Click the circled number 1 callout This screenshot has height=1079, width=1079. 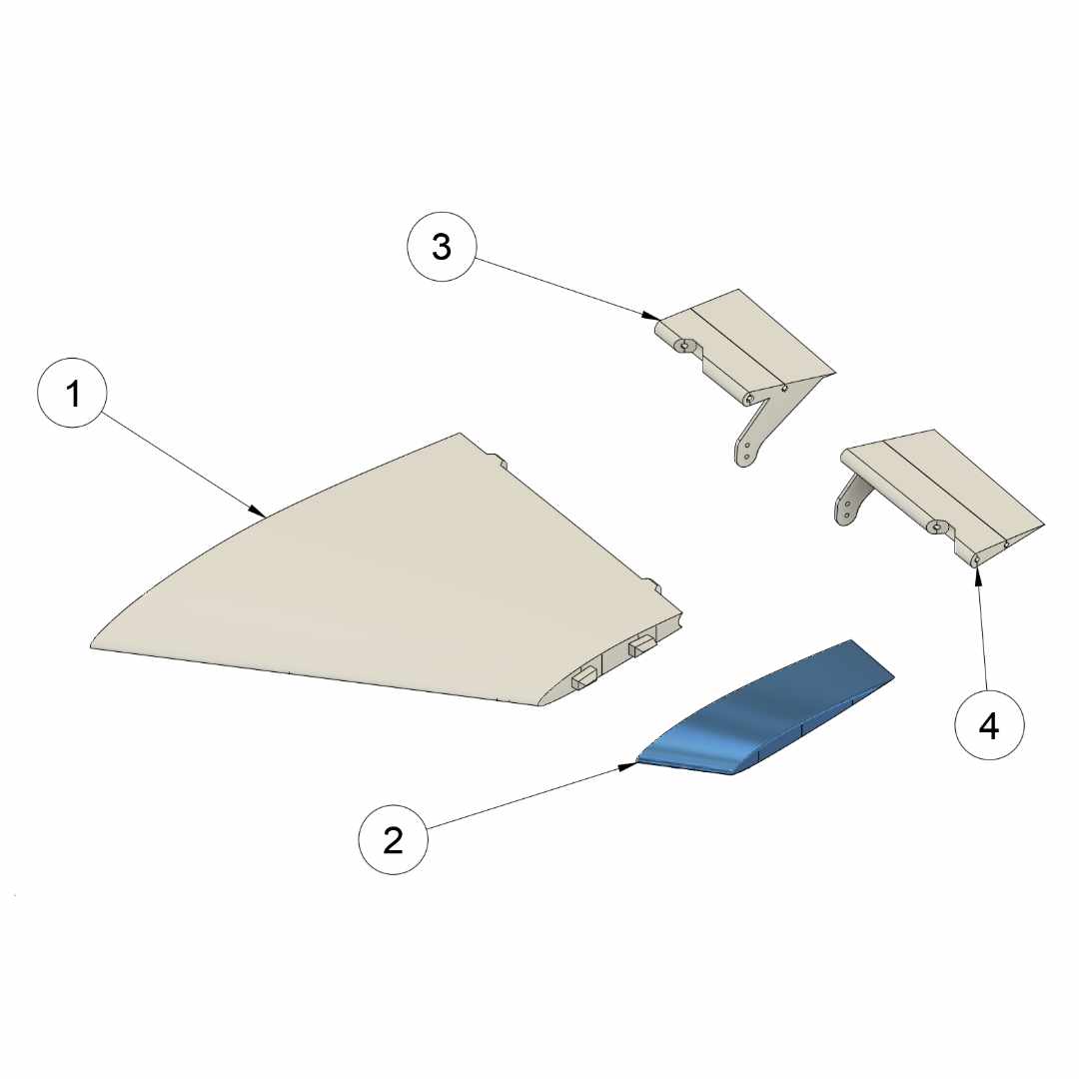tap(72, 393)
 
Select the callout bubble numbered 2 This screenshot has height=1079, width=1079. tap(393, 840)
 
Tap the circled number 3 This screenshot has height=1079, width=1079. tap(442, 247)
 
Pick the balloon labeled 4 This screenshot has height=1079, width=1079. tap(989, 725)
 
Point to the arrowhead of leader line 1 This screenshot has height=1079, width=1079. tap(258, 512)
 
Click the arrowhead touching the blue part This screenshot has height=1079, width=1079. tap(627, 766)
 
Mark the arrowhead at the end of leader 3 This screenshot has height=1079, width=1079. tap(651, 317)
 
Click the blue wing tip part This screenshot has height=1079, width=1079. tap(764, 708)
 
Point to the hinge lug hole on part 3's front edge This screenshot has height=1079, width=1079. tap(683, 346)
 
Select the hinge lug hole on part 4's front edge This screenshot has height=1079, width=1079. tap(935, 528)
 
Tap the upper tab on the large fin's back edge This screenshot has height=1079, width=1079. tap(499, 460)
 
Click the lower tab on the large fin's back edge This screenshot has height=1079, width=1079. tap(653, 585)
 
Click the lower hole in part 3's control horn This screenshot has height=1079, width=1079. tap(746, 456)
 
